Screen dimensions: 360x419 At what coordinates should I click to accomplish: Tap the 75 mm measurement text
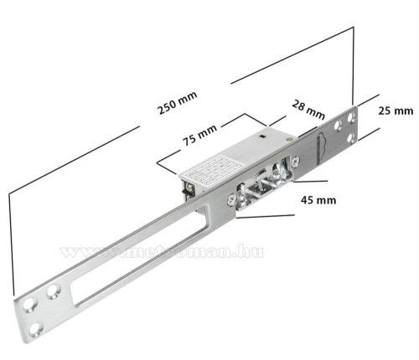pos(199,136)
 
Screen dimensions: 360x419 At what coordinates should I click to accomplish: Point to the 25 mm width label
pos(396,111)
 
